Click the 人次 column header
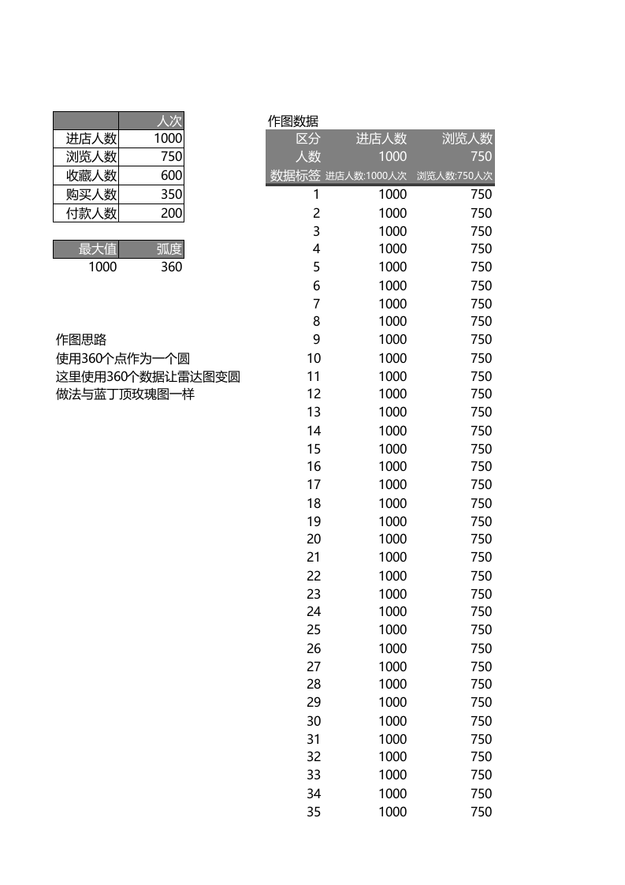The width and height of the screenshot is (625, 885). (169, 121)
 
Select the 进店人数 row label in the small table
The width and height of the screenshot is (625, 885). (91, 139)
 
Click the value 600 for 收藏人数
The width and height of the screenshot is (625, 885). (171, 175)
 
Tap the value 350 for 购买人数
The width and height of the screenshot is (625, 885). (171, 194)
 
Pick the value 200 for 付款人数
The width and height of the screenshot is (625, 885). (171, 213)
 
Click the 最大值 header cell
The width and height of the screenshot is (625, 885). (98, 249)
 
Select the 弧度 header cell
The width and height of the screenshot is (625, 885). (169, 249)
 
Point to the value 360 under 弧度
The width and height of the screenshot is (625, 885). (171, 267)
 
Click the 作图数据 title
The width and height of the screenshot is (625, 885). (293, 121)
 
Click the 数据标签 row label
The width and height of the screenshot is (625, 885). (296, 175)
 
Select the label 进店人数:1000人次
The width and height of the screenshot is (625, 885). (366, 176)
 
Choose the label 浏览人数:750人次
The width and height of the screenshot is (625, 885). (455, 176)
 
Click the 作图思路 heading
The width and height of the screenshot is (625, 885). (80, 339)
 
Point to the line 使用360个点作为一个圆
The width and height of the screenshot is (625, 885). (123, 358)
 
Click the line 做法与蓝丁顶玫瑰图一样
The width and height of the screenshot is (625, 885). (125, 394)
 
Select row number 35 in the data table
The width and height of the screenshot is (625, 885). (314, 812)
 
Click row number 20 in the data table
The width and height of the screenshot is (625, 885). (314, 539)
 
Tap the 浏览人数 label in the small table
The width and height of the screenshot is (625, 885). (91, 157)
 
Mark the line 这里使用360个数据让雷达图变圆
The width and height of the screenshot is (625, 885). (147, 376)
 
